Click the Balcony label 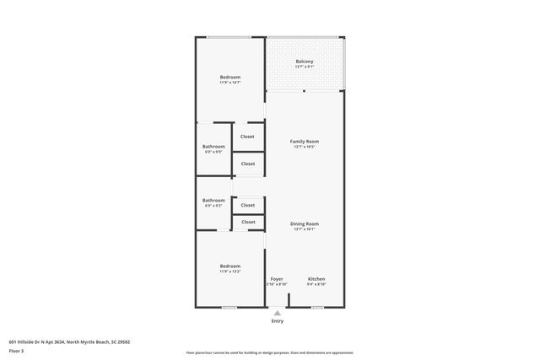(305, 62)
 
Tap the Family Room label (305, 141)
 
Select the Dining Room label (305, 223)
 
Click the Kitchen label (316, 279)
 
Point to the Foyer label (277, 279)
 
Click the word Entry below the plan (278, 321)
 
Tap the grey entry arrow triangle (278, 313)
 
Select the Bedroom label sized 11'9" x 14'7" (230, 78)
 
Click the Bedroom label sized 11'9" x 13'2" (230, 266)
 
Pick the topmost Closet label (247, 136)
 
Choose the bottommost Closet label (248, 222)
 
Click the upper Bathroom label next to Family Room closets (213, 147)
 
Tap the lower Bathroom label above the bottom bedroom (213, 201)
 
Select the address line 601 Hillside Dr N (68, 341)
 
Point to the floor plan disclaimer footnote (269, 352)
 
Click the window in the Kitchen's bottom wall (316, 308)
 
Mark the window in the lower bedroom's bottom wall (229, 308)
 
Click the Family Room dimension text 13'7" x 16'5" (305, 147)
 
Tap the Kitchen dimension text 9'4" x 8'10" (316, 285)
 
